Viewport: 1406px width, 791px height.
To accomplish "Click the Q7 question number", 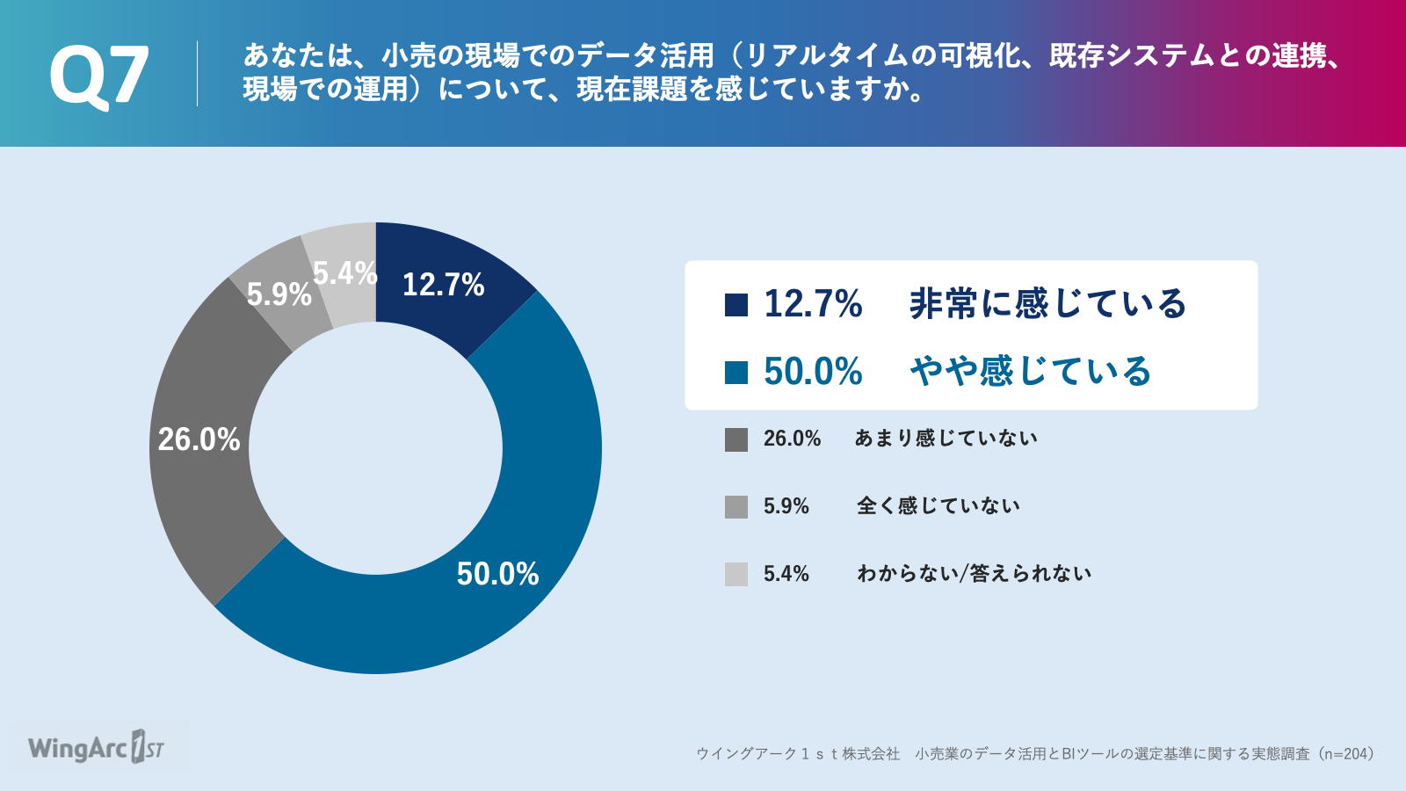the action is (99, 76).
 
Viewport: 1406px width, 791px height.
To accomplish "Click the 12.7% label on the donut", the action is (443, 285).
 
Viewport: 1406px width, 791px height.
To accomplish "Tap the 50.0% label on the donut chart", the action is (497, 574).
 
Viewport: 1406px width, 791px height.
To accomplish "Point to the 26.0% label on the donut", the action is (199, 439).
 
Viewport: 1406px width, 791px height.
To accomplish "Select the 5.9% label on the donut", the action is (279, 294).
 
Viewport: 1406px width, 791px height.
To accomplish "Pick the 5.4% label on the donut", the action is (345, 273).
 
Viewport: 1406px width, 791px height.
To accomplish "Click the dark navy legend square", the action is (736, 304).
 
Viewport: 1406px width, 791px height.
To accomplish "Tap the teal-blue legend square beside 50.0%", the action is (736, 372).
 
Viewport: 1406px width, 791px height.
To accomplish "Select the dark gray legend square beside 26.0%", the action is (736, 439).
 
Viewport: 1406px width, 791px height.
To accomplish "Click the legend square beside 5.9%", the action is (736, 506).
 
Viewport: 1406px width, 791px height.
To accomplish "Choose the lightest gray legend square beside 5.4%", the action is (736, 575).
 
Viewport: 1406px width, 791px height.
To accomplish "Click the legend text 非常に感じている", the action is (1047, 304).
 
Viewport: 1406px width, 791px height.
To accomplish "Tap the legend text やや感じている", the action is (1031, 371).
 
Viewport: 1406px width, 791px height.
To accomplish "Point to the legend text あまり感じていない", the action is (946, 439).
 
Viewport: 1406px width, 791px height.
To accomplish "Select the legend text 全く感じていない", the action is (939, 506).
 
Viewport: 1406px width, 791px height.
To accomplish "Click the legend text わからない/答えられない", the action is (975, 573).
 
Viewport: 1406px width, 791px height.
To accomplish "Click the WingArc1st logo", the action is (97, 747).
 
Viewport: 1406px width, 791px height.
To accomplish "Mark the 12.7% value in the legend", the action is (813, 304).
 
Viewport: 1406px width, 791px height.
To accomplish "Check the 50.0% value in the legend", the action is (813, 371).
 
